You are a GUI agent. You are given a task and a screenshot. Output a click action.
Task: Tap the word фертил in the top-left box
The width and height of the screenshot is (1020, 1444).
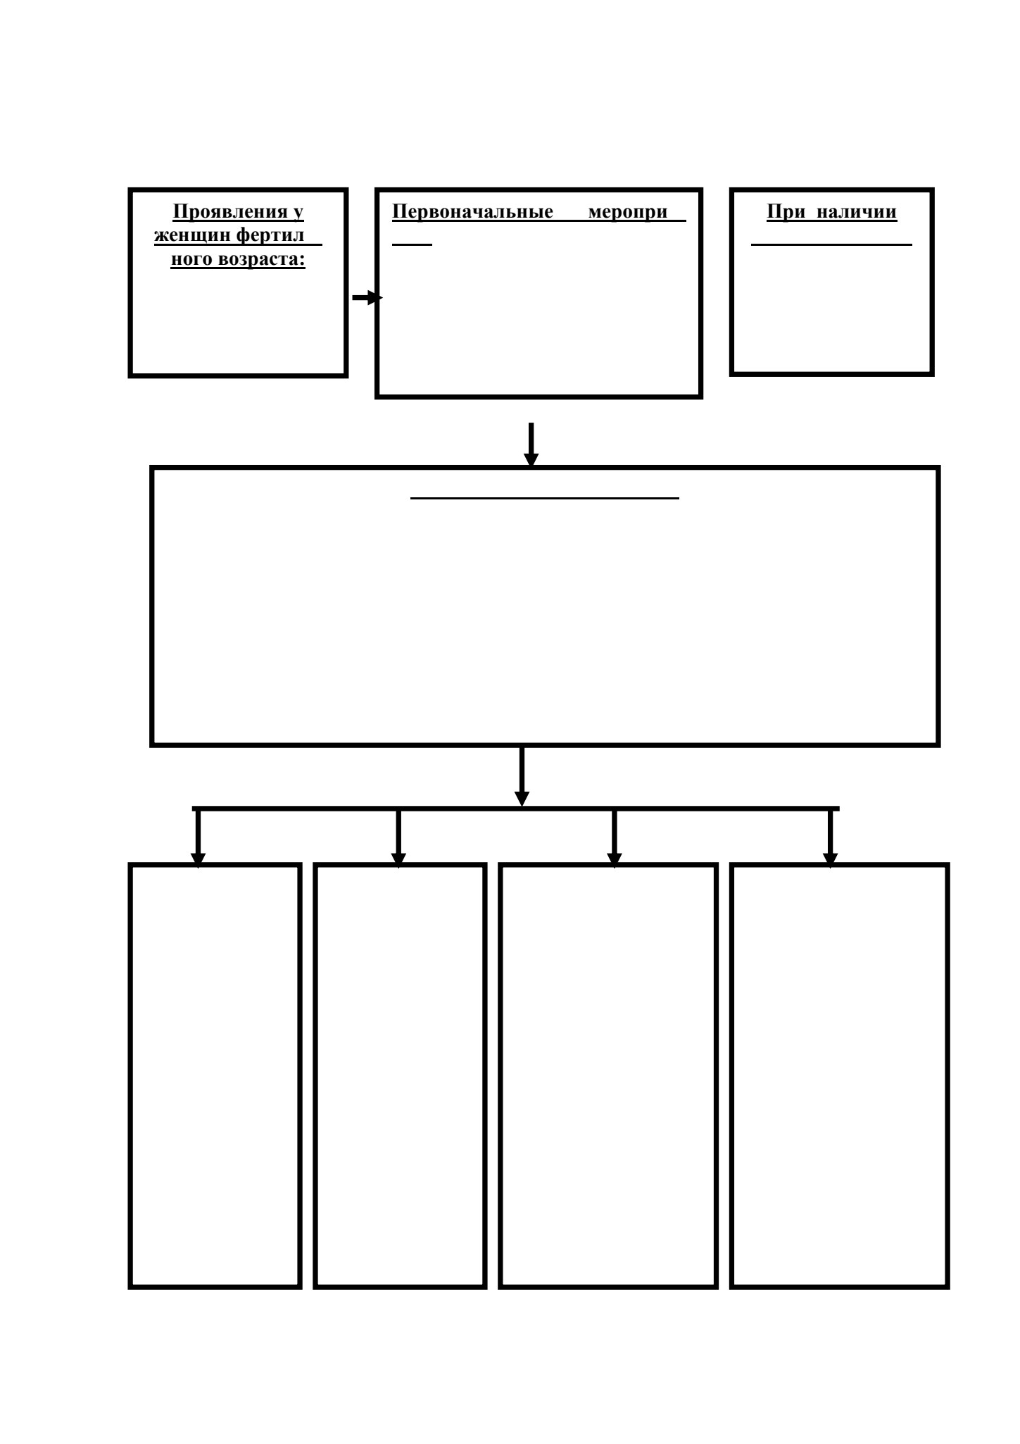tap(270, 236)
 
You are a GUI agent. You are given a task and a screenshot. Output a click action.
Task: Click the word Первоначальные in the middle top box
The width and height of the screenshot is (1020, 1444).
tap(472, 212)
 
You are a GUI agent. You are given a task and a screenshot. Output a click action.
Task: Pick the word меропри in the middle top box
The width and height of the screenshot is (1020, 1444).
tap(627, 213)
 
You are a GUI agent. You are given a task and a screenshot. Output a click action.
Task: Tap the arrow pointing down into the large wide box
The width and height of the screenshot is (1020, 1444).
tap(531, 444)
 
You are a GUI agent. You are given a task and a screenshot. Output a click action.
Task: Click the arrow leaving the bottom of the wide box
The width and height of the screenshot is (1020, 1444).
tap(522, 776)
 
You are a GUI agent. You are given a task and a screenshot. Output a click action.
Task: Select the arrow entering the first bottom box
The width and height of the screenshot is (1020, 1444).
tap(198, 839)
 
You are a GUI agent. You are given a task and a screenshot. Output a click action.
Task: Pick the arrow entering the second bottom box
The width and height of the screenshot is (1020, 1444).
tap(398, 839)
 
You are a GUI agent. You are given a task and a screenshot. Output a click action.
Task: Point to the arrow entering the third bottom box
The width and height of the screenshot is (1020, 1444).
tap(615, 839)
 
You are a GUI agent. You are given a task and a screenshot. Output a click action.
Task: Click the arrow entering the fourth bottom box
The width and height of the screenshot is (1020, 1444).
tap(831, 839)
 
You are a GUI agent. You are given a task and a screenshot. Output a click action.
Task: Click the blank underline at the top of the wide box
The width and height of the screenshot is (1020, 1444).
tap(545, 498)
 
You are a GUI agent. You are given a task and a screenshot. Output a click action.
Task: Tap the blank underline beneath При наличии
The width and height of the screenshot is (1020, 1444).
tap(831, 244)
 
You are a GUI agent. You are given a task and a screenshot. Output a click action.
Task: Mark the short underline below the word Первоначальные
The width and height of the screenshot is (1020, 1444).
tap(412, 244)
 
